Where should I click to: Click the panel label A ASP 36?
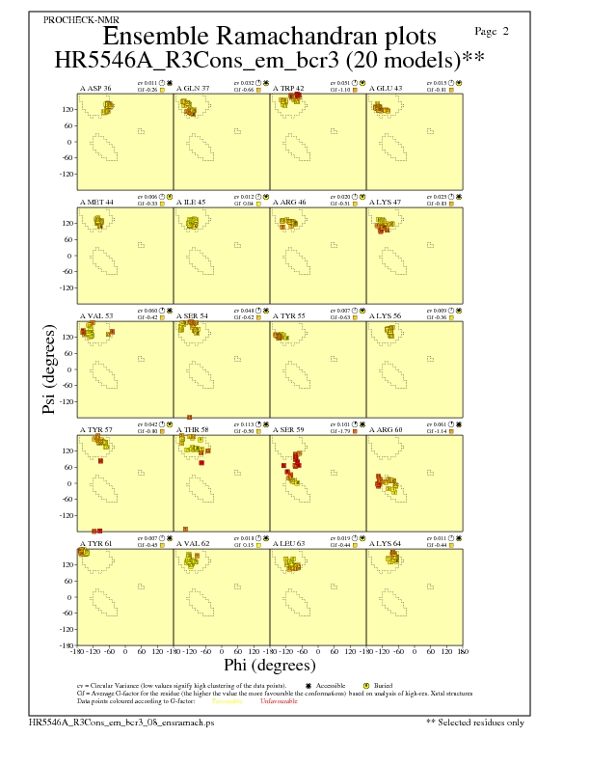click(94, 89)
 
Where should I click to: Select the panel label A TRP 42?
click(288, 89)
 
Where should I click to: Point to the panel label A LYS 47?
click(386, 203)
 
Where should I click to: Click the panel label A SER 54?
click(192, 316)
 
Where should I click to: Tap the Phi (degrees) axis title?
click(269, 666)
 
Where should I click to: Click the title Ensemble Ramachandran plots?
click(269, 37)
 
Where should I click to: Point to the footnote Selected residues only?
click(479, 722)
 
